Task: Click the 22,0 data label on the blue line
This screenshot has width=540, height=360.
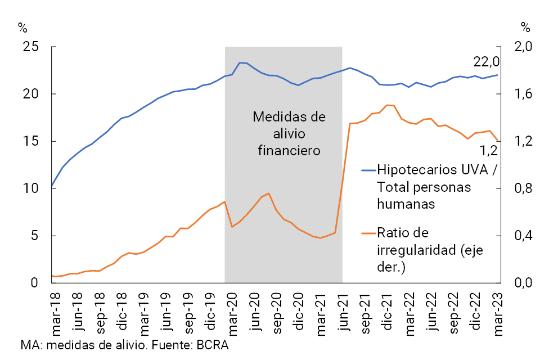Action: (x=487, y=61)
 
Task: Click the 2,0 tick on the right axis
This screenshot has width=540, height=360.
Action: (x=524, y=47)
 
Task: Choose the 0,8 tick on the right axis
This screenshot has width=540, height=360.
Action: (x=524, y=188)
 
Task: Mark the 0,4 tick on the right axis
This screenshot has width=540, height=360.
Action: (x=524, y=236)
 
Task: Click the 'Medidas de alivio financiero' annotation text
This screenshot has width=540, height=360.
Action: (x=289, y=134)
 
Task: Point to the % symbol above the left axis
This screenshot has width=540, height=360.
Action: (x=22, y=26)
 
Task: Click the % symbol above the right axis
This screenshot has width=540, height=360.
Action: (x=525, y=26)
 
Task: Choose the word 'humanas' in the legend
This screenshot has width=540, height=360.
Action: (x=406, y=204)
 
